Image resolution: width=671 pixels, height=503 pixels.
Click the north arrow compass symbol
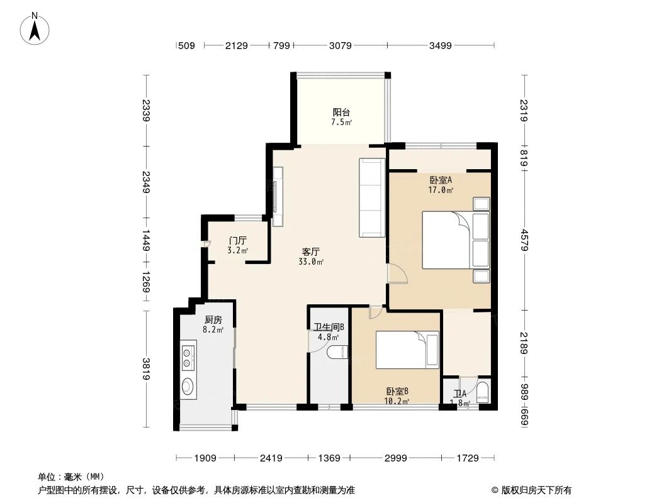(x=35, y=28)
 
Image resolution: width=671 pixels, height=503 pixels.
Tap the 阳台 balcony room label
(x=341, y=113)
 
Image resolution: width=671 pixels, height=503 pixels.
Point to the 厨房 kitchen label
(x=213, y=319)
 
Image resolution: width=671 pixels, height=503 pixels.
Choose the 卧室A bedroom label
(x=441, y=179)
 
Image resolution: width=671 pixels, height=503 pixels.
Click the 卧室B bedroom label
(x=397, y=391)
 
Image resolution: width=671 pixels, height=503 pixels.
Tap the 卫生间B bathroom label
(x=329, y=327)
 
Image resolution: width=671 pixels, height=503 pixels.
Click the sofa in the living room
(x=371, y=197)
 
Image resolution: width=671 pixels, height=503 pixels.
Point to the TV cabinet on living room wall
(x=279, y=196)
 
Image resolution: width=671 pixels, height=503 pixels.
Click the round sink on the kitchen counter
(x=188, y=385)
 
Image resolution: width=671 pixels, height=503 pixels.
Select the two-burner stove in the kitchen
(x=188, y=357)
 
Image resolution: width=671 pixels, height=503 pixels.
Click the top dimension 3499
(x=441, y=45)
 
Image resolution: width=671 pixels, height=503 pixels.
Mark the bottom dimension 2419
(x=271, y=458)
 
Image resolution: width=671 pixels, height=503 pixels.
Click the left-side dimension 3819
(x=146, y=368)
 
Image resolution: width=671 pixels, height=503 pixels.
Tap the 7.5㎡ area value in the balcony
(x=341, y=122)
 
